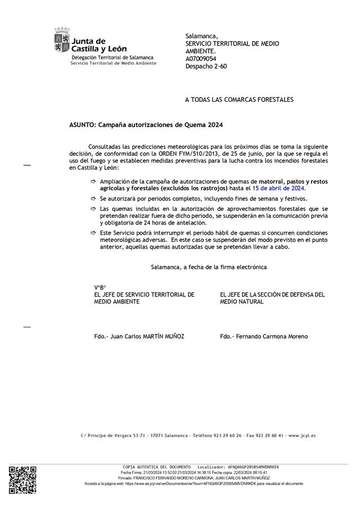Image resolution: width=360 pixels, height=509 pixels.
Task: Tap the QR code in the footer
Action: coord(22,479)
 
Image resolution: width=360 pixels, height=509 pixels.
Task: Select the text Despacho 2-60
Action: coord(206,66)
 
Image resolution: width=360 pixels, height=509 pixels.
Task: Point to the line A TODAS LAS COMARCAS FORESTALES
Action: coord(240,100)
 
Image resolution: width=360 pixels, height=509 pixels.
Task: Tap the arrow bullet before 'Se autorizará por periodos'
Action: coord(93,199)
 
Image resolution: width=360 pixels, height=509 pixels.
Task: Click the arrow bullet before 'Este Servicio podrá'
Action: coord(93,232)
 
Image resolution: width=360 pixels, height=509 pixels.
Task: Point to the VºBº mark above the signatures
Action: coord(100,287)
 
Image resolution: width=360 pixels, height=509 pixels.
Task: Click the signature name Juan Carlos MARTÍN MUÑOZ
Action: coord(147,336)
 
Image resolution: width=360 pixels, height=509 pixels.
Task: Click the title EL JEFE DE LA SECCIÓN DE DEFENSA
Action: coord(272,294)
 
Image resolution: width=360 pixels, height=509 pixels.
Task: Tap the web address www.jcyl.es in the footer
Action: coord(302,435)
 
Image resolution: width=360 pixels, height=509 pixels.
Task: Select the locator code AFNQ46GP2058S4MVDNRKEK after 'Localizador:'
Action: coord(252,467)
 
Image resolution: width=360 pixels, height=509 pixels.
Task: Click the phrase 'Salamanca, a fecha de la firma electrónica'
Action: coord(209,267)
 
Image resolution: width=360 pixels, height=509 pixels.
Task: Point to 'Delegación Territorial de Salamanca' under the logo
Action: coord(112,58)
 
